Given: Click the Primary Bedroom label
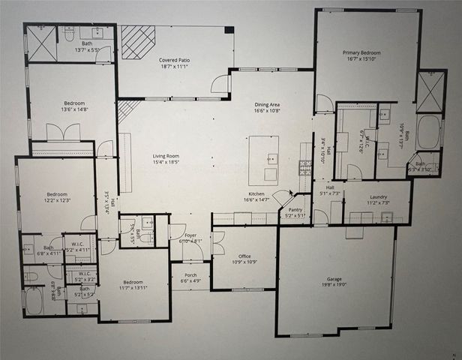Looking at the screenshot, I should point(362,53).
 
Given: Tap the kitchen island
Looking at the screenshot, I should point(264,160).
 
